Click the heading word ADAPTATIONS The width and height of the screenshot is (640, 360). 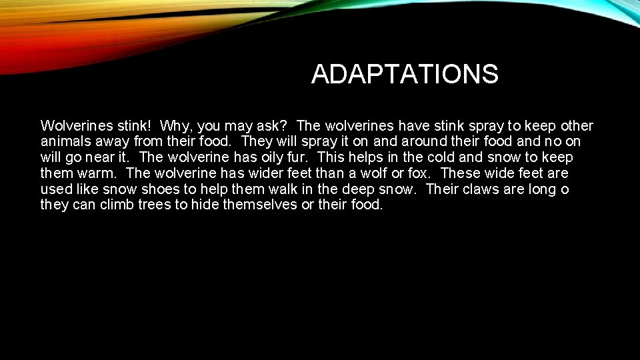tap(404, 74)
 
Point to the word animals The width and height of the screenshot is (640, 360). tap(65, 142)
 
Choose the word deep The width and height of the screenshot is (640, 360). tap(355, 189)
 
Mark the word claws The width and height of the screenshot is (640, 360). tap(477, 189)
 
